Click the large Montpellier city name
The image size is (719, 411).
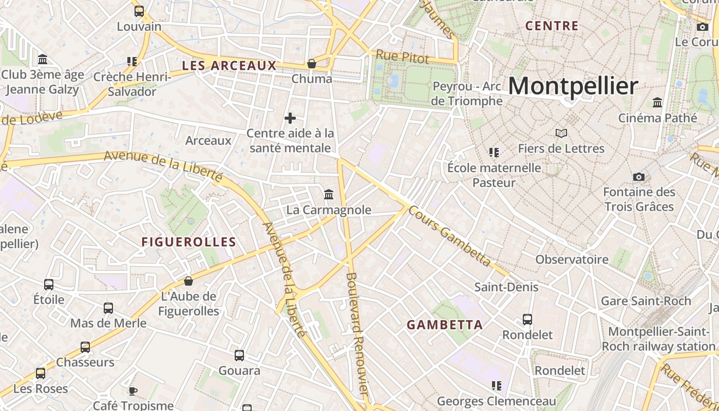tap(573, 86)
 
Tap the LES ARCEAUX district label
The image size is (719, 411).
tap(229, 66)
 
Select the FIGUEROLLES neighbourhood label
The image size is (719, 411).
tap(188, 242)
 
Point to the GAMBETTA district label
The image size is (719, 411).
tap(445, 325)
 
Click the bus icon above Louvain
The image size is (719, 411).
tap(139, 11)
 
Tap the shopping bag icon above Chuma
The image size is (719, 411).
tap(311, 64)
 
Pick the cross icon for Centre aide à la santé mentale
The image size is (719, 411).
tap(290, 118)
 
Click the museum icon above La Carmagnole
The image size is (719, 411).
tap(329, 194)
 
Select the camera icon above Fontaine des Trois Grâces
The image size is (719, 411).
tap(639, 177)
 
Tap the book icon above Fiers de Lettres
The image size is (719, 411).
tap(561, 134)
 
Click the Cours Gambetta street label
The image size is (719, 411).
tap(450, 237)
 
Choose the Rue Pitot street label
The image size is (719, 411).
tap(402, 57)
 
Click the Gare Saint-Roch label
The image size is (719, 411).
tap(646, 301)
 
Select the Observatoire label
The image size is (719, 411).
tap(572, 259)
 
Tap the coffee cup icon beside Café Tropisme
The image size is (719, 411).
tap(133, 391)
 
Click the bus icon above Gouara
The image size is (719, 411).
tap(239, 355)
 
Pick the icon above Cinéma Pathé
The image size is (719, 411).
tap(657, 102)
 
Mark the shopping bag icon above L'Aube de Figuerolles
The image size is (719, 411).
tap(188, 281)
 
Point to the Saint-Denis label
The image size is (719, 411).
tap(506, 287)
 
